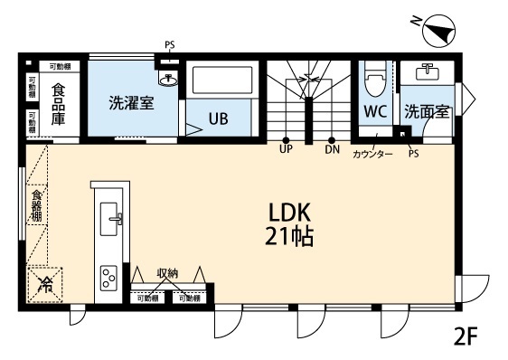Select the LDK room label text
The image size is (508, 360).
289,213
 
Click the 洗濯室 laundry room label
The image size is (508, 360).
131,102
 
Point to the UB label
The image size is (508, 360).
218,118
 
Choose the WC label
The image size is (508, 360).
374,112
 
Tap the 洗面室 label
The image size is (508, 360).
426,112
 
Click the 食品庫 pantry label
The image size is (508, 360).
58,103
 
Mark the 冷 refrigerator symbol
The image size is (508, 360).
45,285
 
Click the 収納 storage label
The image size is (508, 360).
167,272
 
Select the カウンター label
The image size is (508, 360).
372,155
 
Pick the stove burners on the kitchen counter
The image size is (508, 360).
108,276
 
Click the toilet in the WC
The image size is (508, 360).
373,83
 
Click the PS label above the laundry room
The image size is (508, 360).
170,45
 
